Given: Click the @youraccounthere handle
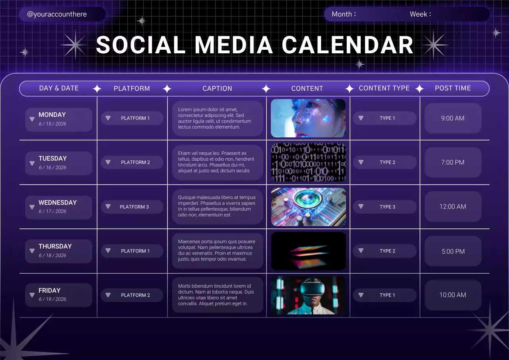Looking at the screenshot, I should pos(57,14).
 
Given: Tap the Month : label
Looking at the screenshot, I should pos(344,14).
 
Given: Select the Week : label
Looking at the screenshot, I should pos(420,14).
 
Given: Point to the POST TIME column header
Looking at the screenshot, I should pos(453,88).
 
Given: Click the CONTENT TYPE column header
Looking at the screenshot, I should pos(384,88).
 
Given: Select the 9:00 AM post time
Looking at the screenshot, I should pos(453,118).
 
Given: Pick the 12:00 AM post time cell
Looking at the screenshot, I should pos(453,206).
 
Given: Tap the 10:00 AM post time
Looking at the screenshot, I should pos(453,295).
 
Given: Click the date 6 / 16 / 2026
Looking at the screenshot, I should pos(52,167).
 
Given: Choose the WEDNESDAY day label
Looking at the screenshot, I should pos(58,202).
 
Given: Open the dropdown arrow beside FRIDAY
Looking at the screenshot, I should pos(32,295).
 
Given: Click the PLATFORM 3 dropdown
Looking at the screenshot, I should pos(132,207).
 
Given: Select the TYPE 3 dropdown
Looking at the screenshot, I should pos(385,207).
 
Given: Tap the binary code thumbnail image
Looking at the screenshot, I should pos(308,162).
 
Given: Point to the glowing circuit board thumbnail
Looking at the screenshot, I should pos(308,207).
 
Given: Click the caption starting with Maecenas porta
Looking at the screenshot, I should pos(217,250).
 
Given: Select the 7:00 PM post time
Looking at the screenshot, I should pos(453,162).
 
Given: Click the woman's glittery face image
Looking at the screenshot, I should pos(308,118).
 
